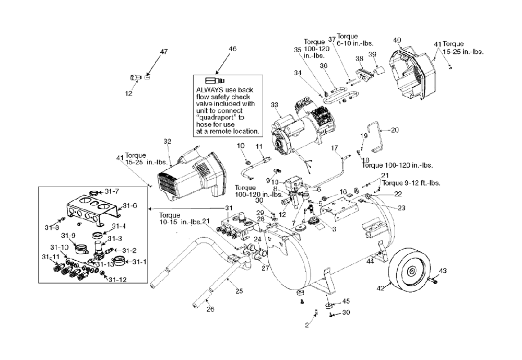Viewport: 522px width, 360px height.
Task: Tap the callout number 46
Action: (232, 49)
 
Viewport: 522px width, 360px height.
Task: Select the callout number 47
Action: (163, 52)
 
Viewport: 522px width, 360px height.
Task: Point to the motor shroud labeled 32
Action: (192, 175)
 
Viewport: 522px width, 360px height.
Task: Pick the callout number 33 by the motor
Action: (274, 104)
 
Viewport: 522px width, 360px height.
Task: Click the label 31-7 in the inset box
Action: (112, 191)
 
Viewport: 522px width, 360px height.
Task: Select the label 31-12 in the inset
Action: (117, 280)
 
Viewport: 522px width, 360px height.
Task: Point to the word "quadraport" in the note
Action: (216, 118)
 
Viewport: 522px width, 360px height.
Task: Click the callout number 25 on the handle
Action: (239, 291)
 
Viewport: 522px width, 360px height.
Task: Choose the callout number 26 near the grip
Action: (210, 309)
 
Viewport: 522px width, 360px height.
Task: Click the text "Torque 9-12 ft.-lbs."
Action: (411, 183)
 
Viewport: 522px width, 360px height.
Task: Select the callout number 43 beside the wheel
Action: (443, 271)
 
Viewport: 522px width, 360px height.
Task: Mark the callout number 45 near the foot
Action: (346, 301)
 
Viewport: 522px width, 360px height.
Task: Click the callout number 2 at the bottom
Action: (306, 325)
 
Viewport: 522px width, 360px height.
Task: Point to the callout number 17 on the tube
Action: (335, 148)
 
